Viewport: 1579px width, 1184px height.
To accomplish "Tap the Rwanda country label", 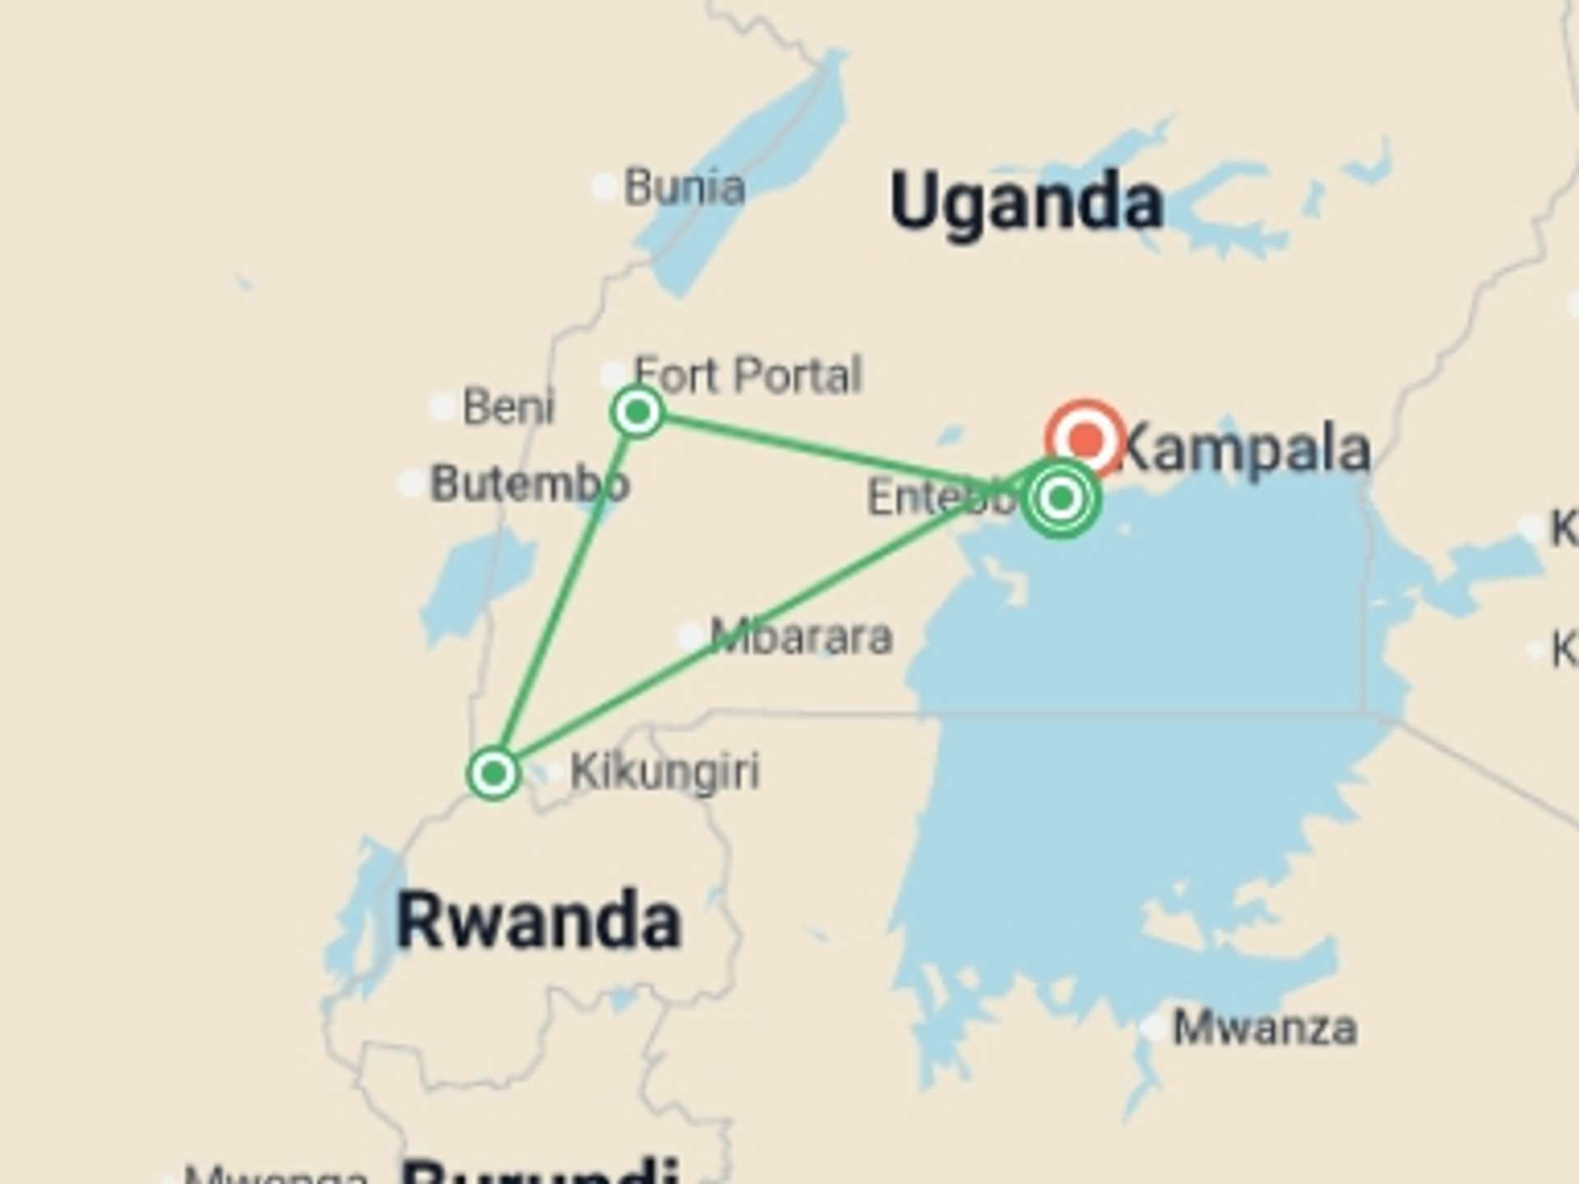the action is point(539,921).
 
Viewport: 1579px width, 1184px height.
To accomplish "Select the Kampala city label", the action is point(1246,450).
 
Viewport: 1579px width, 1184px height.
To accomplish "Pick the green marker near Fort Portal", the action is point(637,411).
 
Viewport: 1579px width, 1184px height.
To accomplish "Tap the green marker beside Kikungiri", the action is point(493,773).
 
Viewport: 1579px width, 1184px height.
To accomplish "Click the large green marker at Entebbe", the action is point(1061,497).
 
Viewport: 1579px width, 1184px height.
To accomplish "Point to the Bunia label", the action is point(684,187).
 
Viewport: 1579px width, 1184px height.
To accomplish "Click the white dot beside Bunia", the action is point(604,187).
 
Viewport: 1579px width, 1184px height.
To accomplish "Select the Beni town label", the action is point(508,407).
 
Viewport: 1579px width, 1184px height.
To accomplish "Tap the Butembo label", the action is point(530,483).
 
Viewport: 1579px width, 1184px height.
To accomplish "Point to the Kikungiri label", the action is point(664,772).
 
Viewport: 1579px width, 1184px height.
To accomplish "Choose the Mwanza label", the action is point(1264,1028).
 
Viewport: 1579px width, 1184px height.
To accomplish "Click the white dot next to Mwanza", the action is point(1154,1027).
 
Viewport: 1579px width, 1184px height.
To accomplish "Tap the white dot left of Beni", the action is point(442,406).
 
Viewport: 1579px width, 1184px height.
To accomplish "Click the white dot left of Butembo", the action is point(410,483).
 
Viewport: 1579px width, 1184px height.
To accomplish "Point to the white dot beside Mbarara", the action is point(690,636).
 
